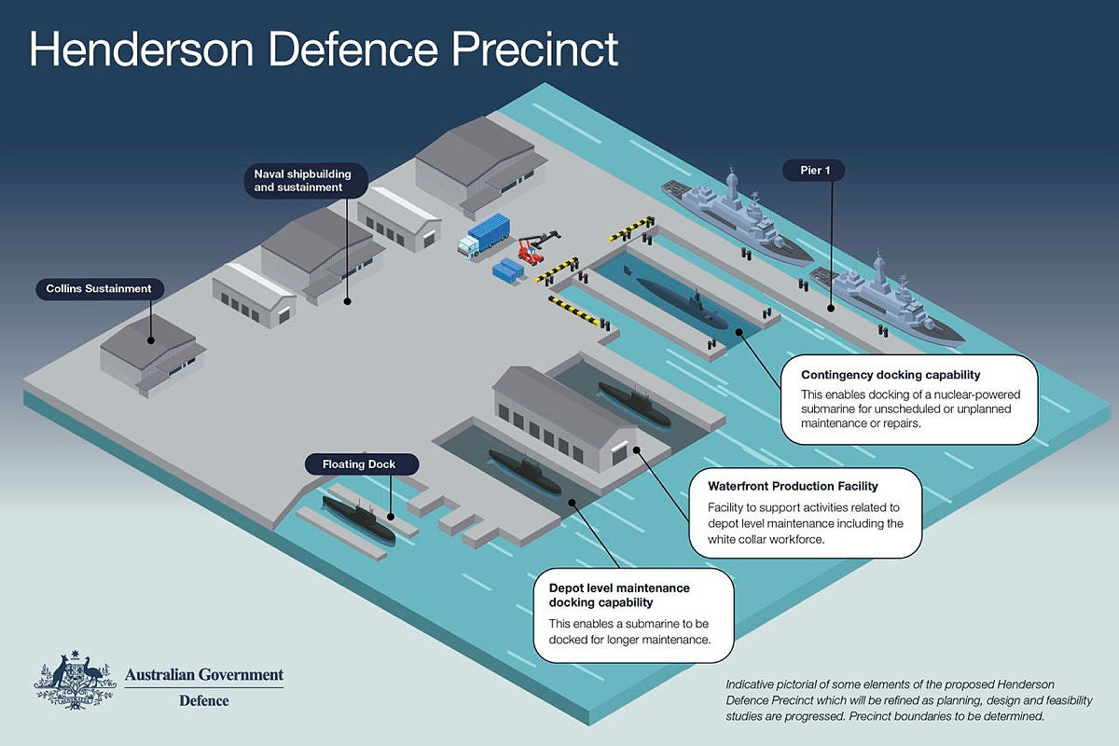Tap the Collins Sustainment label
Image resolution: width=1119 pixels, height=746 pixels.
99,289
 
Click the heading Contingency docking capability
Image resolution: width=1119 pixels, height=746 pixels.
891,375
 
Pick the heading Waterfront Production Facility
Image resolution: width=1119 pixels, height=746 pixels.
793,486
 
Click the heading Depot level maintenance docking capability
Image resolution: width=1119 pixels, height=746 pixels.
619,595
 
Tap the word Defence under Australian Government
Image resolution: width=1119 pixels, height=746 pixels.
203,701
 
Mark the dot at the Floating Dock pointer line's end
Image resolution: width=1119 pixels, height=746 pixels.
391,516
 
